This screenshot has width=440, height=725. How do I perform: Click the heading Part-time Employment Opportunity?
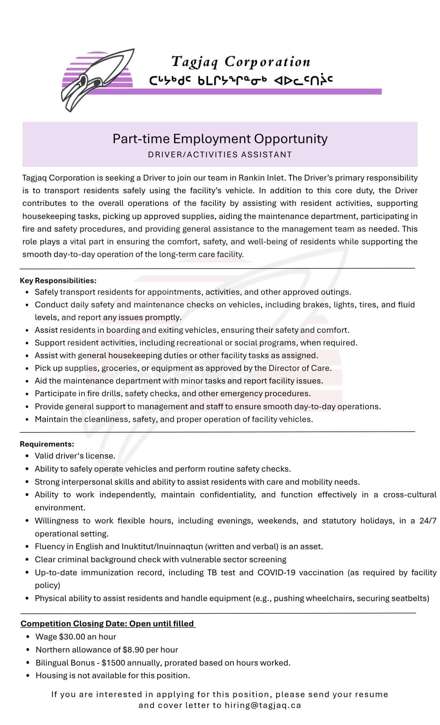pyautogui.click(x=220, y=138)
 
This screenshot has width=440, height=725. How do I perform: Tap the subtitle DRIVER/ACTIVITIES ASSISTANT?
pyautogui.click(x=220, y=154)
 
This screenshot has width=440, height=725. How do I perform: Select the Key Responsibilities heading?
pyautogui.click(x=58, y=281)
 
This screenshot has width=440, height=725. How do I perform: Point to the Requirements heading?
pyautogui.click(x=47, y=444)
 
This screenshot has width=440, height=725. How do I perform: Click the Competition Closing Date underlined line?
pyautogui.click(x=107, y=623)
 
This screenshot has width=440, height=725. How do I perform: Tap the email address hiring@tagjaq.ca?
pyautogui.click(x=263, y=705)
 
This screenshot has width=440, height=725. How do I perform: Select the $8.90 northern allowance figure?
pyautogui.click(x=133, y=650)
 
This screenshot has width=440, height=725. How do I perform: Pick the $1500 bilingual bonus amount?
pyautogui.click(x=113, y=663)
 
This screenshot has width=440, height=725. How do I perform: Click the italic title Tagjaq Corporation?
pyautogui.click(x=241, y=62)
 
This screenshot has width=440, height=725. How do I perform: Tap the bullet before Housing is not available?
pyautogui.click(x=28, y=676)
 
